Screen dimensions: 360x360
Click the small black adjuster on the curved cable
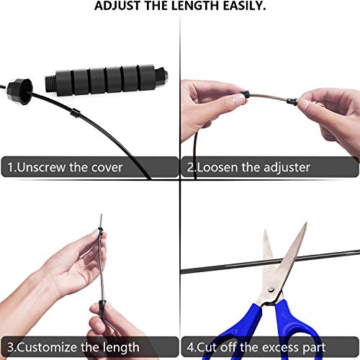click(76, 113)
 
